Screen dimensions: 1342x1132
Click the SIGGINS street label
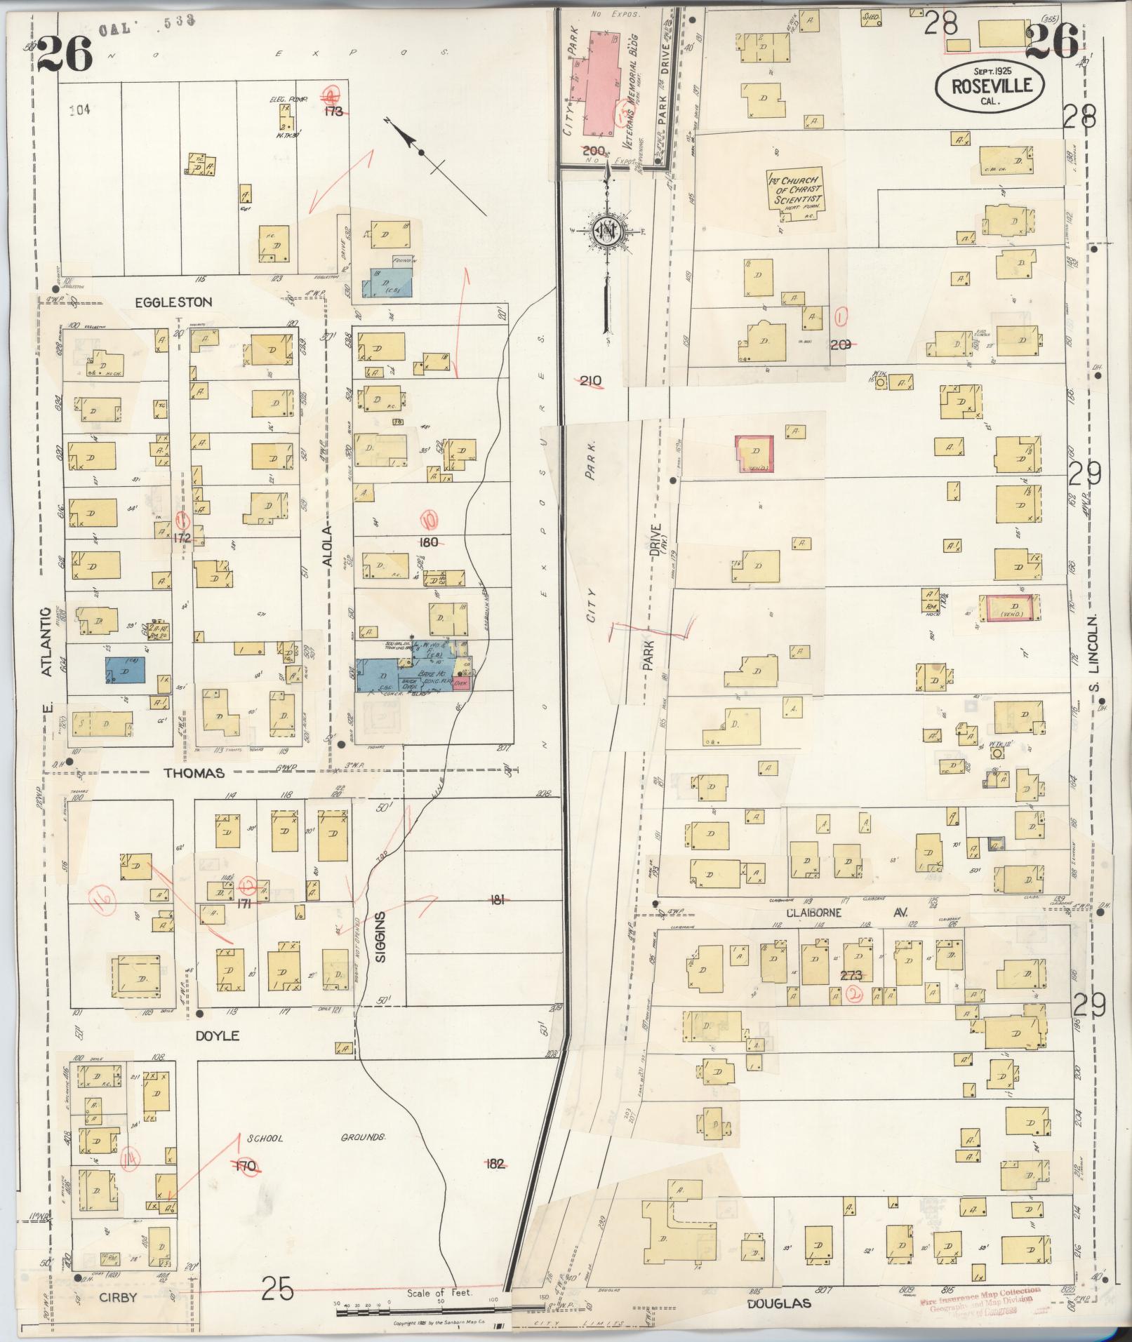[x=382, y=938]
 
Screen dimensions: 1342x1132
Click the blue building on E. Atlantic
[x=126, y=670]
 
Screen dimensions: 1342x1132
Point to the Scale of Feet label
[x=439, y=1292]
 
